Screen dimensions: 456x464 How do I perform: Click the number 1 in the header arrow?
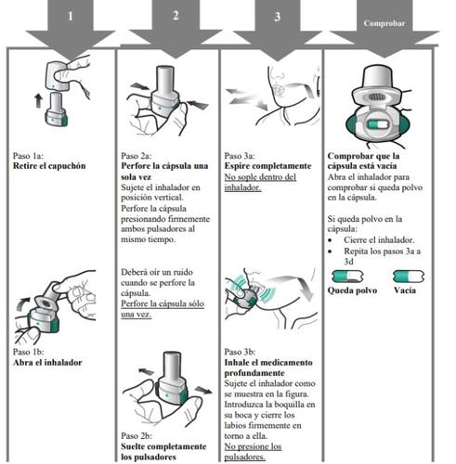coord(71,16)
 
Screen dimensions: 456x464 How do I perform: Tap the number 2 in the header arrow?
coord(176,16)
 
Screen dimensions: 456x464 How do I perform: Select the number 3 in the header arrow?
coord(278,17)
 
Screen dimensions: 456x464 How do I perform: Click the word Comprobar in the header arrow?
coord(384,23)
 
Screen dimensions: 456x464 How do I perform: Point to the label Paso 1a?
coord(28,155)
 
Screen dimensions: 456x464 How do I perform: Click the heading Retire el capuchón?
coord(49,166)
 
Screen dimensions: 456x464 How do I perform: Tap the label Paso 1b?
coord(29,352)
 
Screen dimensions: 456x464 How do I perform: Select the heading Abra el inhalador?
coord(47,362)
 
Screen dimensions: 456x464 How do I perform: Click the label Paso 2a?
coord(137,155)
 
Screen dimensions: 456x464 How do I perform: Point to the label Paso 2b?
coord(137,435)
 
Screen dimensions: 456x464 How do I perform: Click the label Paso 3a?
coord(240,155)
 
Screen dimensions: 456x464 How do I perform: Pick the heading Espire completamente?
coord(267,166)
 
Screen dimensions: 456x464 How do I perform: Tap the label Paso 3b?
coord(240,352)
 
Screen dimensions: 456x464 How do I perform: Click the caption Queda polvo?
coord(352,290)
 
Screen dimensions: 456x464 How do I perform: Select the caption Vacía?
coord(405,290)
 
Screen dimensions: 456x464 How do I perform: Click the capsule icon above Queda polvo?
coord(347,277)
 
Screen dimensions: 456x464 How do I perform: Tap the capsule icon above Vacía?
coord(409,277)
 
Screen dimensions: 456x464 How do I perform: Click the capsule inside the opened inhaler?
coord(377,124)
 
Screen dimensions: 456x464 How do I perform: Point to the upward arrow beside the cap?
coord(38,101)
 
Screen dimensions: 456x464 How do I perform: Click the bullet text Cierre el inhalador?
coord(379,239)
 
